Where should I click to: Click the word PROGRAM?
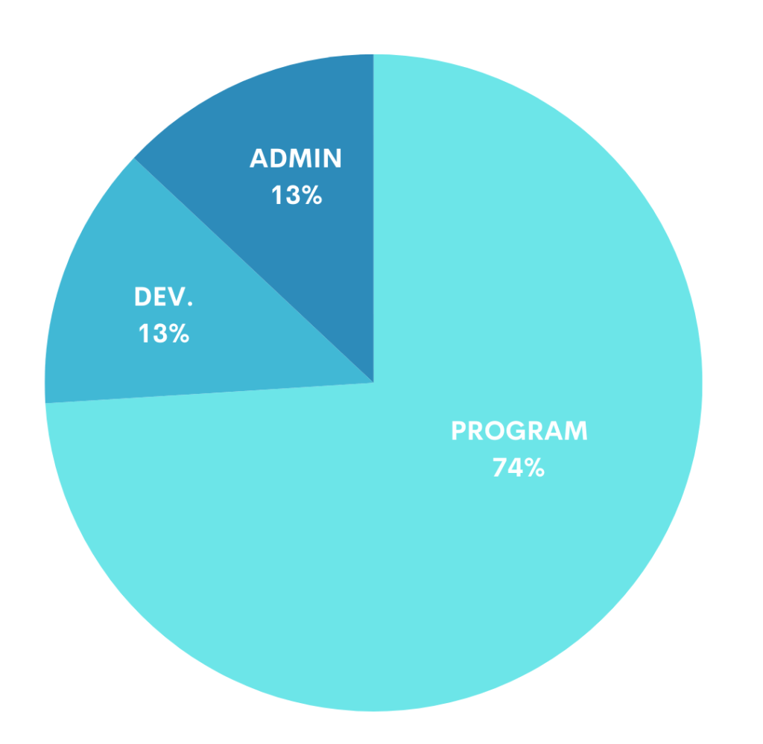[x=519, y=431]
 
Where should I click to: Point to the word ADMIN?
[x=296, y=159]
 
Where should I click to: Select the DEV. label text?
[x=163, y=296]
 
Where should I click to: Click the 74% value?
[x=519, y=468]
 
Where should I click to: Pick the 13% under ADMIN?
[x=296, y=196]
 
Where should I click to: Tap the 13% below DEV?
[x=163, y=334]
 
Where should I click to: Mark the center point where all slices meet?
[x=373, y=382]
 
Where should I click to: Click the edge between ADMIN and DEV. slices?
[x=253, y=270]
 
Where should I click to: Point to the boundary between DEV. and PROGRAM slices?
[x=209, y=392]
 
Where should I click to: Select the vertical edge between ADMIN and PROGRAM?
[x=373, y=223]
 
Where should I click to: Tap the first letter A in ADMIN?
[x=259, y=159]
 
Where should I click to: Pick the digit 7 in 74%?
[x=499, y=468]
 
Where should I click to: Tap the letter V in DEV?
[x=177, y=296]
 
